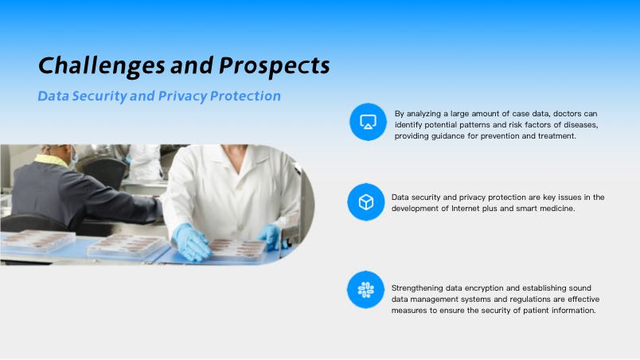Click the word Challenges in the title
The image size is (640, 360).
102,66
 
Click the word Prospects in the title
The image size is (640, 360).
275,66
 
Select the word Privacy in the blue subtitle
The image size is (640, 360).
182,96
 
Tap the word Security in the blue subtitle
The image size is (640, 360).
100,96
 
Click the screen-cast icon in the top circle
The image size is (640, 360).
368,122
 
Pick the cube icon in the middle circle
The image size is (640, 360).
365,202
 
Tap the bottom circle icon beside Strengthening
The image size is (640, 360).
365,290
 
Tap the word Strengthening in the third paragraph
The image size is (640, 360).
417,288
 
